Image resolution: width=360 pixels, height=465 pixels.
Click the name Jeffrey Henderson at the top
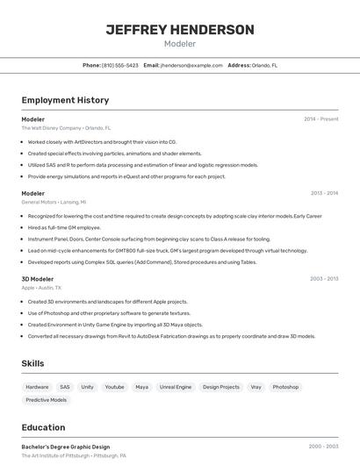point(180,30)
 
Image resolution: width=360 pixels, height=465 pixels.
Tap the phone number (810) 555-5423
point(120,65)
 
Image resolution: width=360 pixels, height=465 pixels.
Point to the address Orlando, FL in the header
point(262,65)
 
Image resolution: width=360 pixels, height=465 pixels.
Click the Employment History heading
point(65,100)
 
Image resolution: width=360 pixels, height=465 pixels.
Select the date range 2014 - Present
point(320,118)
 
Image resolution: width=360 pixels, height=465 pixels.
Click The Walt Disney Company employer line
point(66,128)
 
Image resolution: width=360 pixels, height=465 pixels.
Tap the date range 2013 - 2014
point(324,193)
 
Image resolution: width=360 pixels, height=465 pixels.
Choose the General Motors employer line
point(54,203)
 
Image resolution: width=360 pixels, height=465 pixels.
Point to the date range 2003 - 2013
point(324,278)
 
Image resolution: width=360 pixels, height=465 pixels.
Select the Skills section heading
point(34,363)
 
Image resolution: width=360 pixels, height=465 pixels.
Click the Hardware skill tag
point(37,387)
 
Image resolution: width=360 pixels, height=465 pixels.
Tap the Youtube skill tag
point(114,387)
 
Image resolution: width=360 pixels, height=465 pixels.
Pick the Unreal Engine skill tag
point(176,387)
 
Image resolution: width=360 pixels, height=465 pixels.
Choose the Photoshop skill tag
point(285,387)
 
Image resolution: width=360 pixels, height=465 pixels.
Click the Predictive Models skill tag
point(47,400)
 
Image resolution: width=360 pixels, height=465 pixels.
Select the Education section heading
point(44,428)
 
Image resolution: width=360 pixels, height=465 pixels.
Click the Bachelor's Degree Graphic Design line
point(66,447)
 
